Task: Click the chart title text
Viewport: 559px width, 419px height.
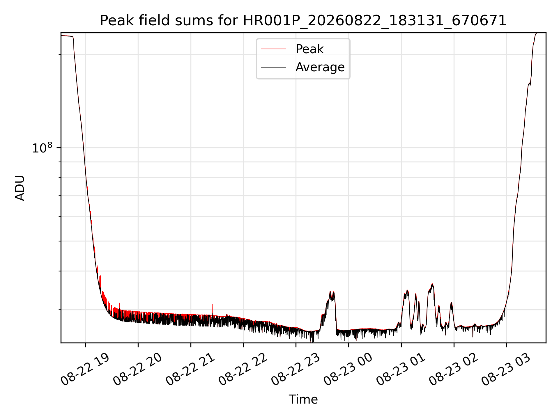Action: (x=303, y=21)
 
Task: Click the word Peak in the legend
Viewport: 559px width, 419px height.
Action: (x=309, y=49)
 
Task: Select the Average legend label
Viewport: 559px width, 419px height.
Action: (x=320, y=67)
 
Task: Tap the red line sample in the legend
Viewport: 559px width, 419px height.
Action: (x=273, y=49)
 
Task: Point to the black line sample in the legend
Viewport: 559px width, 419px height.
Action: (x=273, y=67)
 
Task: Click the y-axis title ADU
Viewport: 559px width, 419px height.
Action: (x=20, y=188)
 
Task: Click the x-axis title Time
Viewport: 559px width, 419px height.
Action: (x=303, y=399)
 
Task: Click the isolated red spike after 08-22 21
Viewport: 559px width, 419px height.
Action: (x=212, y=310)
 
